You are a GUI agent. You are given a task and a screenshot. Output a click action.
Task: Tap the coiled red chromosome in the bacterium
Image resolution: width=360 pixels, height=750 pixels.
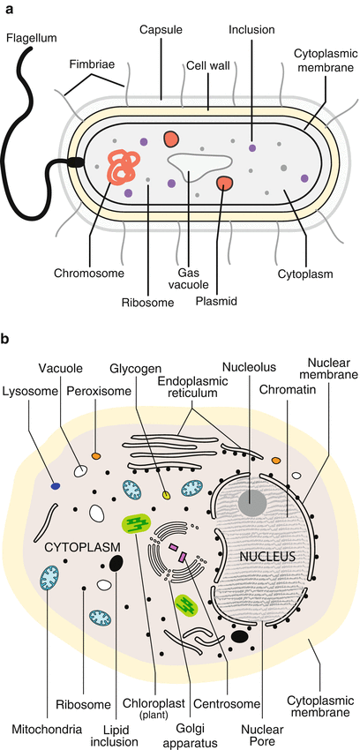pyautogui.click(x=122, y=165)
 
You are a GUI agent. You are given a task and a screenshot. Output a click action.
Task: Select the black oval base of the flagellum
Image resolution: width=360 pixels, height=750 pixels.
pyautogui.click(x=76, y=162)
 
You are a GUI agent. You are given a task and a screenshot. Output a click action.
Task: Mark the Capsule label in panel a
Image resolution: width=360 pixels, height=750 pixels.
pyautogui.click(x=161, y=30)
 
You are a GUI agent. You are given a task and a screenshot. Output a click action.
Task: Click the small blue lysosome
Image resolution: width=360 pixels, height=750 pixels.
pyautogui.click(x=56, y=486)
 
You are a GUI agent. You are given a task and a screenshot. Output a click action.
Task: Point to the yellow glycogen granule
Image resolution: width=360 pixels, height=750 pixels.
pyautogui.click(x=165, y=495)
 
